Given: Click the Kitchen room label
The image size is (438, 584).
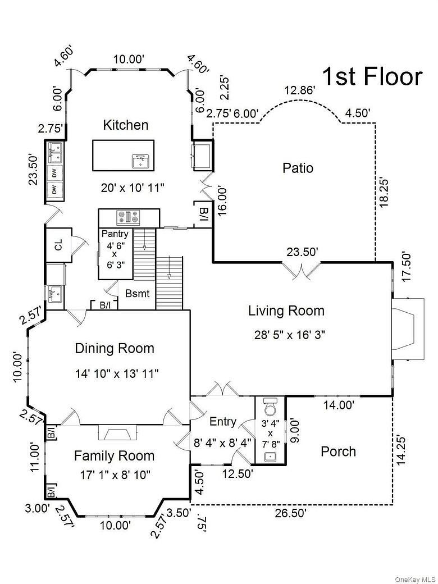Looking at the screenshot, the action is (126, 125).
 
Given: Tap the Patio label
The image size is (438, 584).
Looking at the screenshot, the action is (298, 168).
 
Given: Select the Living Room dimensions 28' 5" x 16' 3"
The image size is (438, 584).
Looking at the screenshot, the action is (290, 335).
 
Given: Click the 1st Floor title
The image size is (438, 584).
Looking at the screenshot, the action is (372, 76).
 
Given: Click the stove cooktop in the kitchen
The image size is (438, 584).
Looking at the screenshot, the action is (129, 217).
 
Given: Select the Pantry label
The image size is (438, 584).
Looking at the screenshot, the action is (115, 234).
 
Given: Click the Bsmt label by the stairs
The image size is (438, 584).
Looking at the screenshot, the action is (138, 294).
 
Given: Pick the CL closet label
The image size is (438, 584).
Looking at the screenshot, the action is (58, 245).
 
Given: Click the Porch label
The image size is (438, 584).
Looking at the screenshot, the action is (338, 451).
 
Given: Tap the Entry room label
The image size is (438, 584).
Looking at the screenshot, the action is (223, 422).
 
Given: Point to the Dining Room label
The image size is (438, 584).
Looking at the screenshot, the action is (115, 349).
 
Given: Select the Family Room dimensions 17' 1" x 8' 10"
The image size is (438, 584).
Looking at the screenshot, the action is (116, 475).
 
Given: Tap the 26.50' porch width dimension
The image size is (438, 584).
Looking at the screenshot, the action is (291, 513).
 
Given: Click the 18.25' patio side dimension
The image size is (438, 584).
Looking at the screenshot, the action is (384, 193).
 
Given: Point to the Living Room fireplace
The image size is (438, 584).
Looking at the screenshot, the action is (408, 329).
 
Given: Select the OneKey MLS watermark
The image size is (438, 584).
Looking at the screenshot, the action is (416, 580).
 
